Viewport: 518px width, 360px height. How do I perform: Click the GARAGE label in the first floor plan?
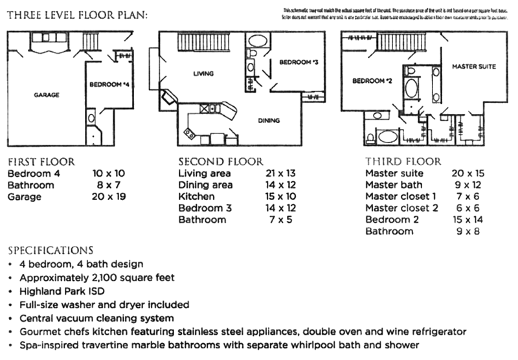point(47,95)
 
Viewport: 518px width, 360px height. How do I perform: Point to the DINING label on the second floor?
point(269,120)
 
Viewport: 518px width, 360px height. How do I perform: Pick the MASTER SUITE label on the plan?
point(470,66)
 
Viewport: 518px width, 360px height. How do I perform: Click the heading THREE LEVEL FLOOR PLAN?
point(77,14)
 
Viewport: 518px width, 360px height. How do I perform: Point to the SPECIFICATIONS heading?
point(51,250)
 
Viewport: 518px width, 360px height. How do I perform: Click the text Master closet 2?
point(401,208)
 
